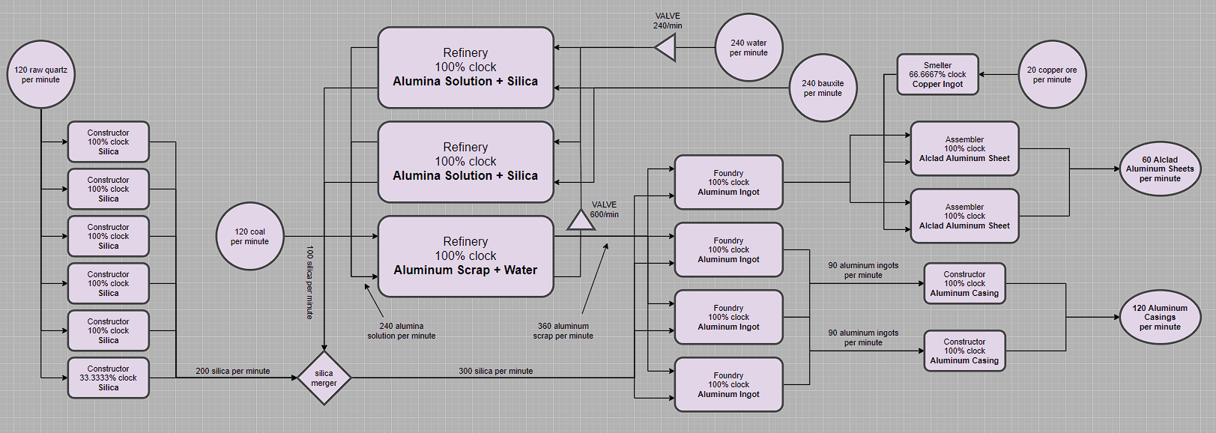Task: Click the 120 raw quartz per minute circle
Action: click(x=41, y=74)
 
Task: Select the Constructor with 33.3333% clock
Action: click(x=109, y=378)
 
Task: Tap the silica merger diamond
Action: click(x=324, y=378)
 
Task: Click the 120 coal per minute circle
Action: click(x=249, y=236)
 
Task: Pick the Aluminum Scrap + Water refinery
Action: click(x=465, y=256)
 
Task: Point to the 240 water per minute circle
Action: click(x=748, y=47)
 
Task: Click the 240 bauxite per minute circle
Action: click(x=823, y=88)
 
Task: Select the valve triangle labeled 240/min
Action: click(x=666, y=48)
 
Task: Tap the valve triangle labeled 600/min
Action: click(x=580, y=220)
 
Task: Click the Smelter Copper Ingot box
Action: click(x=937, y=74)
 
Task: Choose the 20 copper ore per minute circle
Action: click(x=1052, y=74)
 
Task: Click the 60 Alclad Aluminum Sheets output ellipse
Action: click(x=1160, y=169)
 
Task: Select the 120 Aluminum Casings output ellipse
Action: click(x=1160, y=318)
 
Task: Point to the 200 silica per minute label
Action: click(x=233, y=371)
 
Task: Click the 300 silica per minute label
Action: click(x=496, y=371)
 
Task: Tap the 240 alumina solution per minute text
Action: click(x=402, y=331)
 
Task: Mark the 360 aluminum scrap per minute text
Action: click(x=563, y=331)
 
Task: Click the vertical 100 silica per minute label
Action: click(x=309, y=282)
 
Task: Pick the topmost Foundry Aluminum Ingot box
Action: click(x=728, y=182)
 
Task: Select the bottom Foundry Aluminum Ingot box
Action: click(x=728, y=384)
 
